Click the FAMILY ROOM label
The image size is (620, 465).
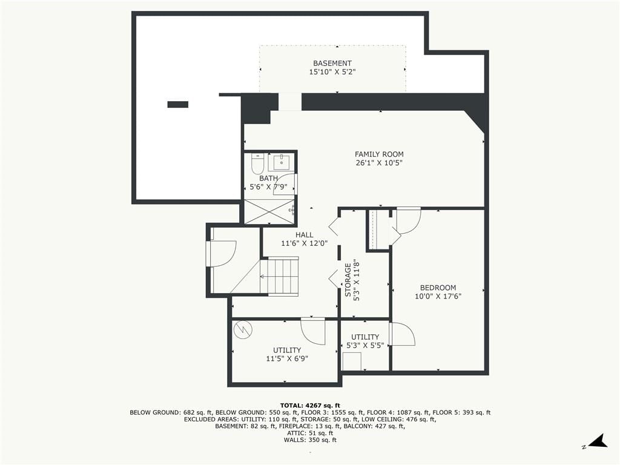pyautogui.click(x=379, y=154)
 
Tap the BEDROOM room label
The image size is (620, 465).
pyautogui.click(x=438, y=288)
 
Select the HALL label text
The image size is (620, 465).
pyautogui.click(x=304, y=235)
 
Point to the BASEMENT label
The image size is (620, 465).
pyautogui.click(x=332, y=63)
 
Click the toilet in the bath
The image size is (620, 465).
pyautogui.click(x=257, y=163)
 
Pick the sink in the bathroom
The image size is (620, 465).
pyautogui.click(x=281, y=162)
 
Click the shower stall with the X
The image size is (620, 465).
pyautogui.click(x=269, y=211)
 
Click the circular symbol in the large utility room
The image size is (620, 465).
pyautogui.click(x=242, y=329)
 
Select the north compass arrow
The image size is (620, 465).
pyautogui.click(x=598, y=441)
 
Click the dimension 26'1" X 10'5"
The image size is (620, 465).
pyautogui.click(x=379, y=163)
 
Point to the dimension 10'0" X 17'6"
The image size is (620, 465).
pyautogui.click(x=438, y=296)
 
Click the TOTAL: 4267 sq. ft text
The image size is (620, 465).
pyautogui.click(x=310, y=405)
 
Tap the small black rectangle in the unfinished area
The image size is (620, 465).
pyautogui.click(x=178, y=104)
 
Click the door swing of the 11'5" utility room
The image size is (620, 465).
pyautogui.click(x=313, y=331)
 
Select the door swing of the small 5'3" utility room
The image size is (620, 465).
pyautogui.click(x=402, y=334)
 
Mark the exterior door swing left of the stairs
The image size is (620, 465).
pyautogui.click(x=222, y=254)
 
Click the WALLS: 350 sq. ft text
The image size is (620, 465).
pyautogui.click(x=310, y=440)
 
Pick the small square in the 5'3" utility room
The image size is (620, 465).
pyautogui.click(x=352, y=361)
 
